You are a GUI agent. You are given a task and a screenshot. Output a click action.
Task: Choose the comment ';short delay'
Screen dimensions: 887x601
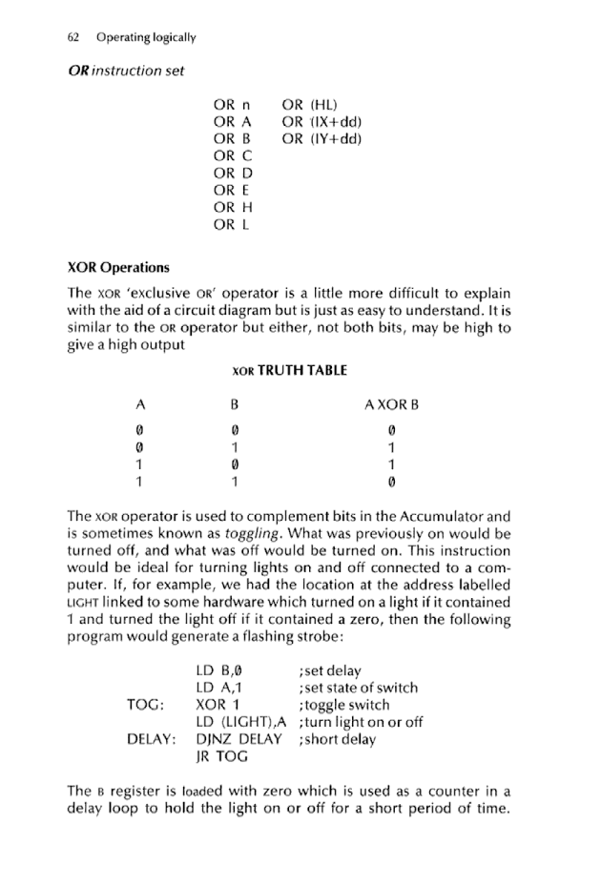tap(337, 738)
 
